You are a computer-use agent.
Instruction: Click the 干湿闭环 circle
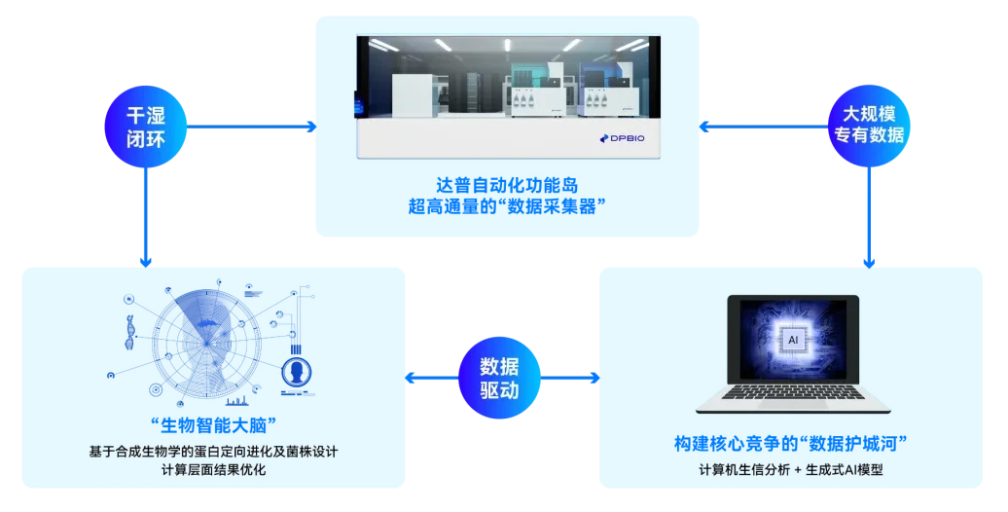tap(145, 127)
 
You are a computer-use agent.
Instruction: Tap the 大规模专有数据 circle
tap(869, 127)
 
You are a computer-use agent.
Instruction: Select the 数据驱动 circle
tap(499, 378)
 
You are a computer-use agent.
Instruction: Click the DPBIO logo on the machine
tap(622, 138)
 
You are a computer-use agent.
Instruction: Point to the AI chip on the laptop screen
tap(793, 340)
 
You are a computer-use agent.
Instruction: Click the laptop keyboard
tap(793, 391)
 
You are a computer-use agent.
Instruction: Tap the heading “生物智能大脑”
tap(213, 425)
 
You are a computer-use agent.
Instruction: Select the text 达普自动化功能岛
tap(507, 185)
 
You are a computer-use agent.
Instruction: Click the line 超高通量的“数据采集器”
tap(507, 206)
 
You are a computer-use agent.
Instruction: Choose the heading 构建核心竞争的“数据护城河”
tap(791, 443)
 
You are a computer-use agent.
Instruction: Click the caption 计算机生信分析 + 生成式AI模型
tap(791, 469)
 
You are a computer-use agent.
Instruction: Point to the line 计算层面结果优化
tap(213, 469)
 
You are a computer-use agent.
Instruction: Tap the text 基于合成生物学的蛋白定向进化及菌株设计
tap(213, 451)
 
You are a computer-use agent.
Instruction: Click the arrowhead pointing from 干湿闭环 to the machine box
tap(311, 127)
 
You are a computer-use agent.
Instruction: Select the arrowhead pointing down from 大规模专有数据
tap(869, 263)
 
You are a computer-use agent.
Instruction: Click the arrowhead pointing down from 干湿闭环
tap(145, 262)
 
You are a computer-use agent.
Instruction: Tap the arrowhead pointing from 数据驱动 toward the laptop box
tap(594, 378)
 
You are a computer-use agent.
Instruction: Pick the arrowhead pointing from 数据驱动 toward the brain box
tap(411, 378)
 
